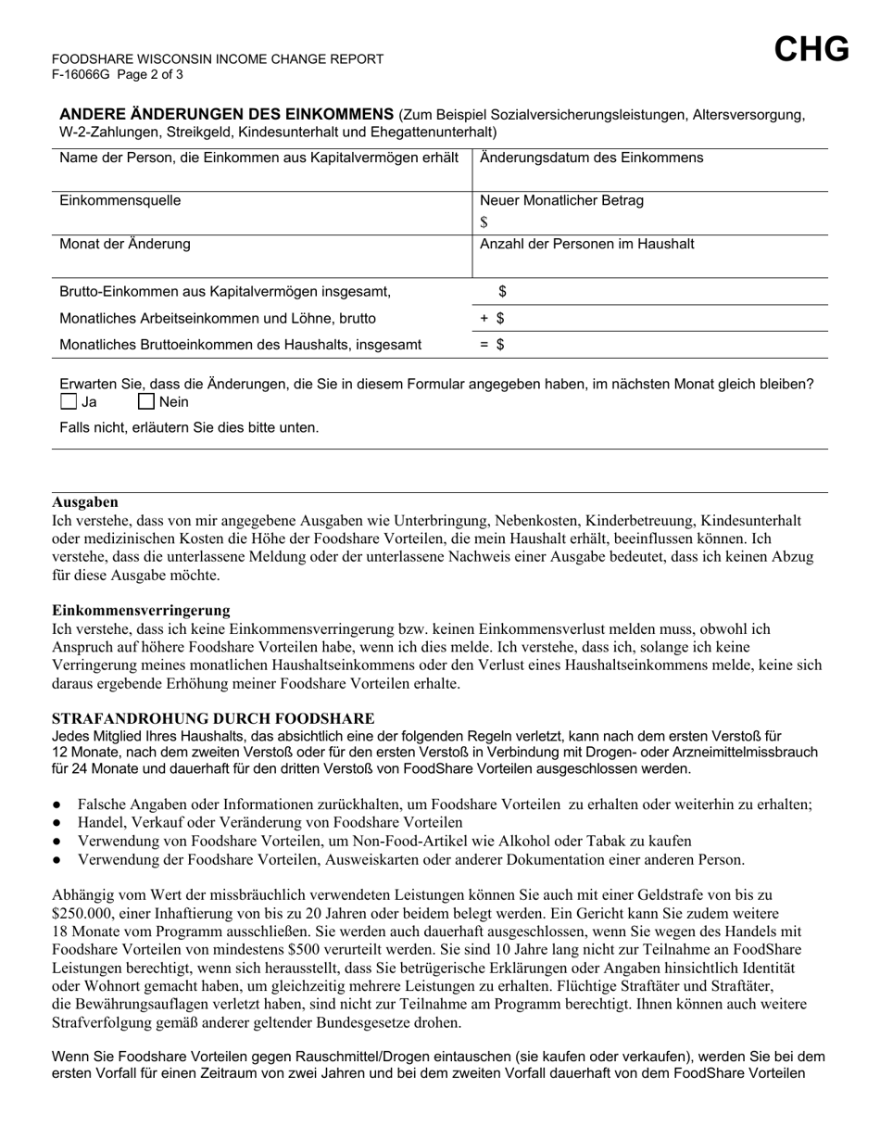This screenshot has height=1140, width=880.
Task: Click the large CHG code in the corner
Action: [811, 49]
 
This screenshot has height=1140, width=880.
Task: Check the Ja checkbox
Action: [69, 402]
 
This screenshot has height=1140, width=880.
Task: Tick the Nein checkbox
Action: [146, 402]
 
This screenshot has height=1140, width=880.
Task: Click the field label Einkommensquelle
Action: [120, 201]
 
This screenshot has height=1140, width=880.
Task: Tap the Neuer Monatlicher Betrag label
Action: [561, 201]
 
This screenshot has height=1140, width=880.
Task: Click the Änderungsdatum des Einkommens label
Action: [591, 158]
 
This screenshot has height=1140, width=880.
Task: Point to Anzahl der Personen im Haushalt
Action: [586, 245]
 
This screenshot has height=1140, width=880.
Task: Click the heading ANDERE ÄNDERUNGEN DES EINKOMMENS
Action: [227, 114]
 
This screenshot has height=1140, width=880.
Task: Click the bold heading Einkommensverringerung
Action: [141, 610]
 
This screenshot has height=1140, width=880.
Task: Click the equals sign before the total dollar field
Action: [484, 345]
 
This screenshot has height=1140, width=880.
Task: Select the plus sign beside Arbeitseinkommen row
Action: [484, 318]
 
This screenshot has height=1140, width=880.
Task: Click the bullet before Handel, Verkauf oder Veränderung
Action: [57, 822]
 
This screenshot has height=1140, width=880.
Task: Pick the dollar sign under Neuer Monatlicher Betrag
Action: [484, 222]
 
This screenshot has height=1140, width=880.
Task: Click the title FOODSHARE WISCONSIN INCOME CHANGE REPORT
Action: [218, 59]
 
